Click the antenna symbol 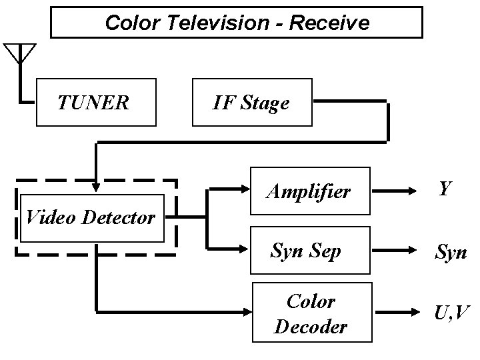point(21,53)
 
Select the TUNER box point(96,102)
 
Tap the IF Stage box point(251,102)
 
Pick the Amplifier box point(310,191)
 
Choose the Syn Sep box point(310,251)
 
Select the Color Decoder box point(310,313)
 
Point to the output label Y point(445,189)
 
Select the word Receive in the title point(329,23)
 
